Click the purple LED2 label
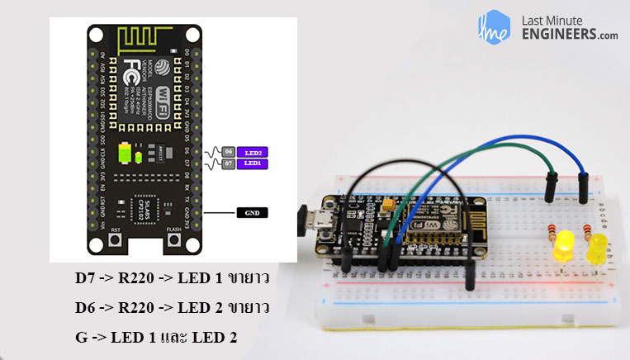click(x=253, y=153)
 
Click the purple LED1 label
click(x=253, y=163)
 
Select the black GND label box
click(x=253, y=212)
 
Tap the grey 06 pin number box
click(x=229, y=153)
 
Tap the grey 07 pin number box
click(x=229, y=163)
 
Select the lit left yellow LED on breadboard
click(x=566, y=245)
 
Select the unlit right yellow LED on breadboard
click(x=596, y=247)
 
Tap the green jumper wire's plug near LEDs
click(x=552, y=183)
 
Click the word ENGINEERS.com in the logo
click(x=569, y=34)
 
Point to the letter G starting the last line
click(x=81, y=338)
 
